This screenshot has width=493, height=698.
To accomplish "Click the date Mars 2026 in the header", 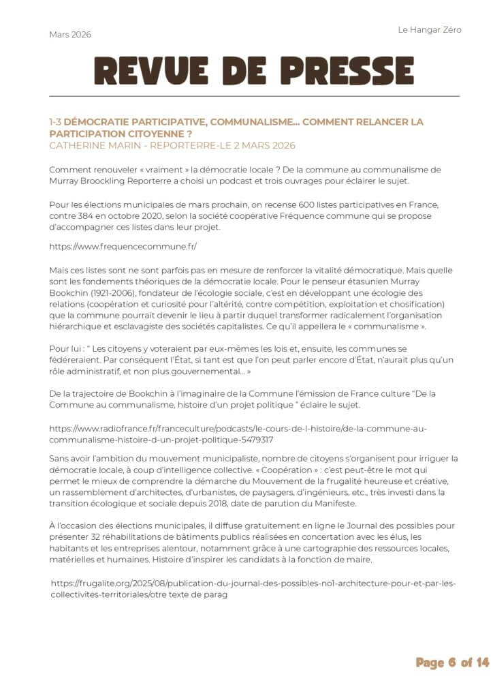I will (70, 35).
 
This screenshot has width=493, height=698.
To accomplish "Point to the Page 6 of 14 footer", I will (452, 662).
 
